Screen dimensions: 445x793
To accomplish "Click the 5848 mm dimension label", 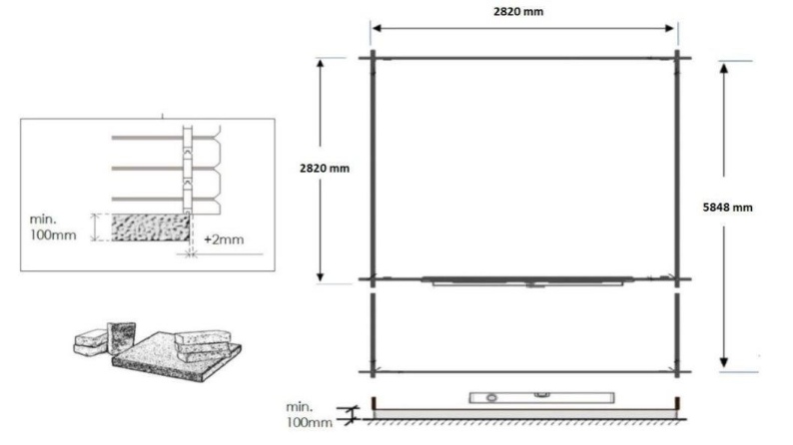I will point(730,208).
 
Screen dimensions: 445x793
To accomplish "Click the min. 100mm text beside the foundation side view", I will point(304,413).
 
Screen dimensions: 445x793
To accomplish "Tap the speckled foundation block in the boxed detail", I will point(149,228).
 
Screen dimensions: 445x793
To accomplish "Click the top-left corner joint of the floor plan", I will point(374,58).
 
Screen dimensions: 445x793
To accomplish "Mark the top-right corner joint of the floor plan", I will point(677,58).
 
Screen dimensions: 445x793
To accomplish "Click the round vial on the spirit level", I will point(491,397).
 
